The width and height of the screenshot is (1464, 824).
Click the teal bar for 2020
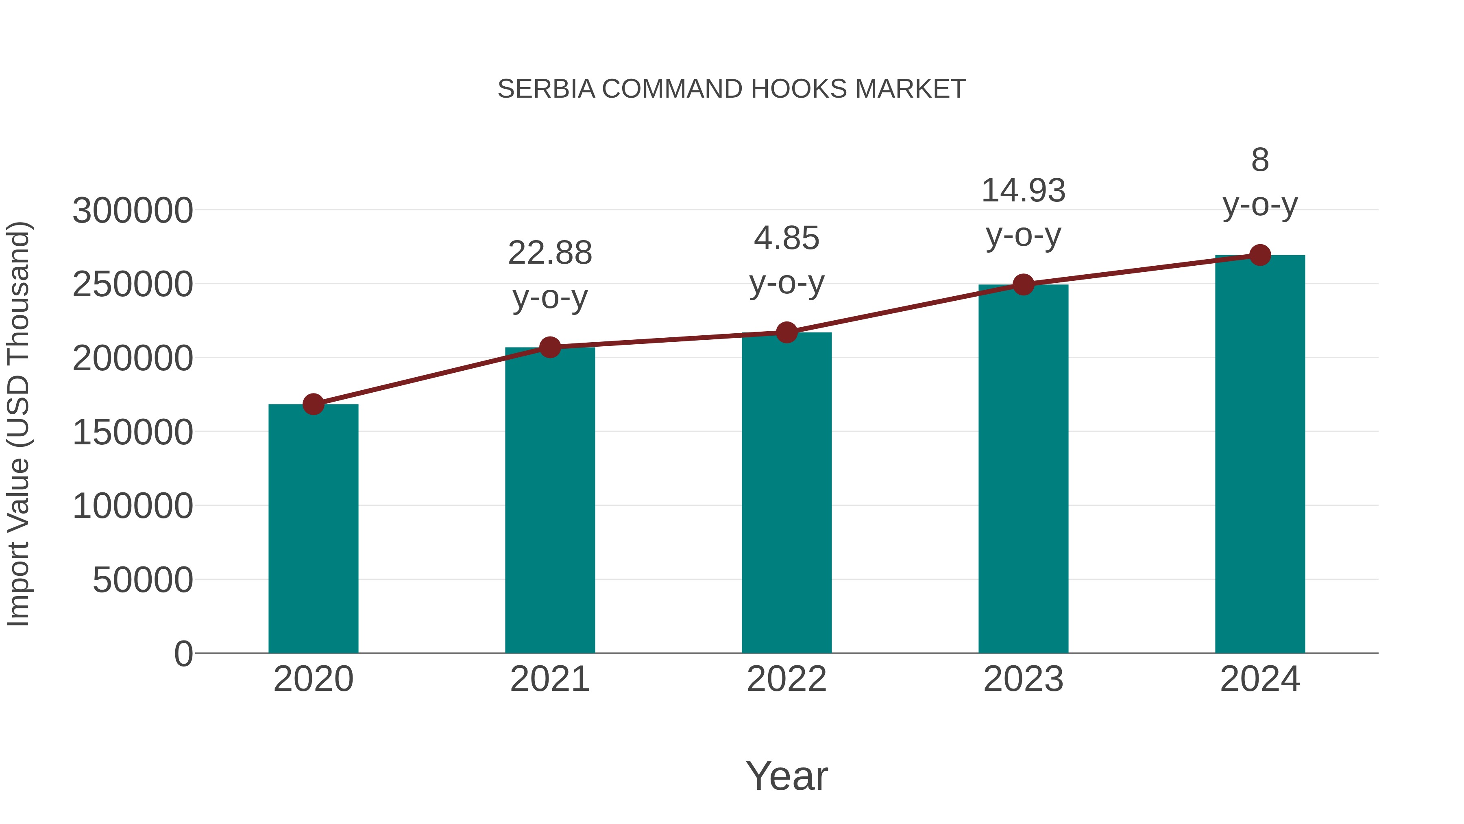(313, 529)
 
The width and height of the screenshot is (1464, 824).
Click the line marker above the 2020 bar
(313, 404)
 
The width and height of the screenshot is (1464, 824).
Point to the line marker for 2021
(549, 347)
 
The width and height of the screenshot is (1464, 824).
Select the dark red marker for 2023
(1023, 284)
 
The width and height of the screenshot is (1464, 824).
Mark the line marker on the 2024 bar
(1260, 255)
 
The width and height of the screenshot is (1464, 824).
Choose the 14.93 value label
(1023, 190)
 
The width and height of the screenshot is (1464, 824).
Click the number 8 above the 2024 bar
(1260, 160)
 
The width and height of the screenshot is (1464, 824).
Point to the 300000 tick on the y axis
(133, 210)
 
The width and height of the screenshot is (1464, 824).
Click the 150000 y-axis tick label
(133, 432)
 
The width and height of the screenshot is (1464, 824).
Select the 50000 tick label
(143, 580)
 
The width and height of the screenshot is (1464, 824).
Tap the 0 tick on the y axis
(183, 654)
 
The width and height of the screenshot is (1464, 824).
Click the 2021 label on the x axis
(549, 679)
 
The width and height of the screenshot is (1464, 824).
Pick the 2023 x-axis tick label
(1023, 679)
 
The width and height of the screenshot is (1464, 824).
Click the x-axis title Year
(786, 776)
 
